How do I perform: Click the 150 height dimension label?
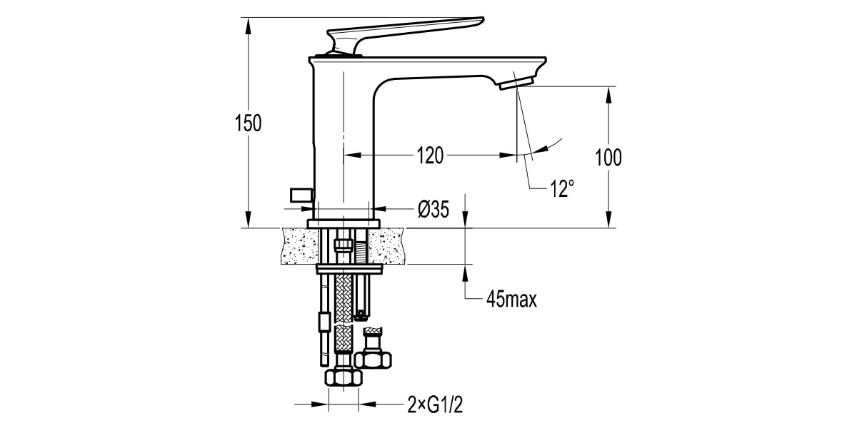(x=249, y=123)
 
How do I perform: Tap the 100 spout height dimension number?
(x=608, y=158)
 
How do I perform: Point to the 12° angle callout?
(x=562, y=189)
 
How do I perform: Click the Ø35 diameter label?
(x=433, y=210)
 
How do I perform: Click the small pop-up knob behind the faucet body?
(x=301, y=195)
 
